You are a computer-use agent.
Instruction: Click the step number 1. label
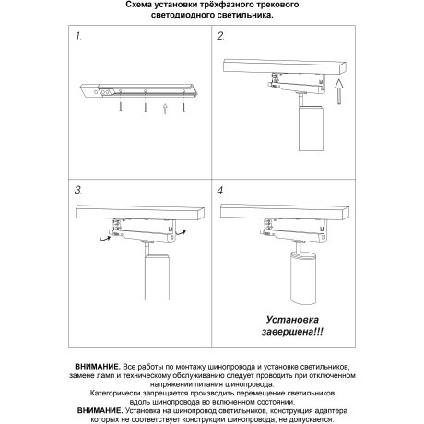[78, 39]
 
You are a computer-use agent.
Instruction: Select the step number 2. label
[220, 39]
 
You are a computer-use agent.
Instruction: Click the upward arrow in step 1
[164, 111]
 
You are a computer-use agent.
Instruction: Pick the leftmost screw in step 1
[121, 109]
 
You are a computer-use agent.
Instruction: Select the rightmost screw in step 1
[184, 109]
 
